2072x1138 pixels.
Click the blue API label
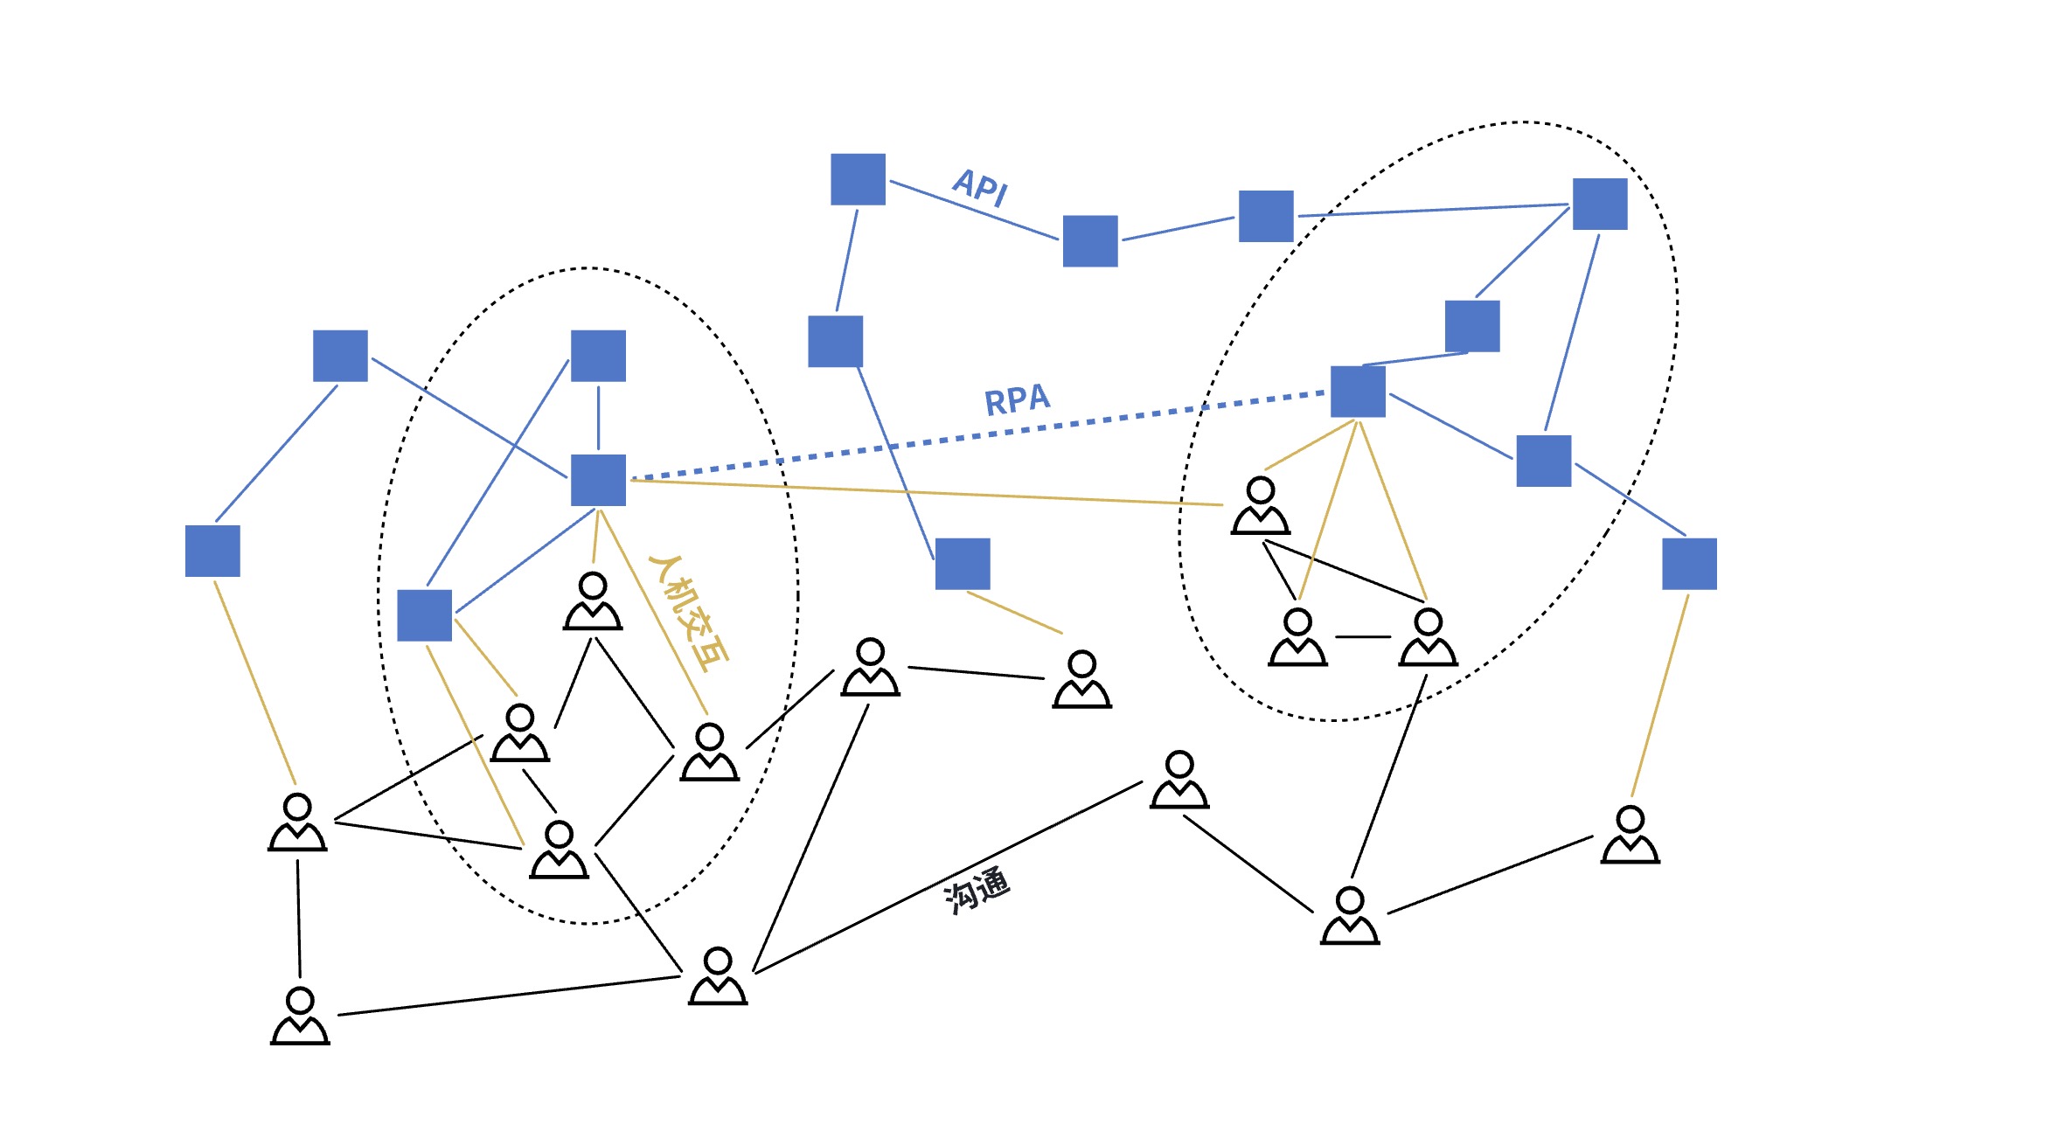click(x=980, y=187)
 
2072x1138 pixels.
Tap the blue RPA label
click(x=1017, y=399)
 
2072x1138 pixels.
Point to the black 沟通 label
click(x=977, y=890)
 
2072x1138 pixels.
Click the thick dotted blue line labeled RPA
click(x=977, y=436)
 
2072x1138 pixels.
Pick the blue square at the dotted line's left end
click(x=598, y=480)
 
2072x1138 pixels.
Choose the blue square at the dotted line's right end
click(x=1358, y=392)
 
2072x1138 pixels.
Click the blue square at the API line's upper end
click(x=858, y=179)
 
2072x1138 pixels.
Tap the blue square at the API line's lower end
click(x=1090, y=241)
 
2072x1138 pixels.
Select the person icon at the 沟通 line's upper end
click(x=1179, y=780)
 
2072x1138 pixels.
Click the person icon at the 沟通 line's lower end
click(x=718, y=976)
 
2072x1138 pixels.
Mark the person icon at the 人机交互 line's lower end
click(x=710, y=752)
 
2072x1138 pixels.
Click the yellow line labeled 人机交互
click(x=653, y=613)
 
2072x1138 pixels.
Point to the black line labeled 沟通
click(x=949, y=878)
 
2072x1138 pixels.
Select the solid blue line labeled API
click(x=974, y=210)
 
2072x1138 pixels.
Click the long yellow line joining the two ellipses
click(x=927, y=492)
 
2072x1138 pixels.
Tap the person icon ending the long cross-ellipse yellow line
click(x=1261, y=505)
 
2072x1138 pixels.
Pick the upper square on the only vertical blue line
click(x=598, y=356)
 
